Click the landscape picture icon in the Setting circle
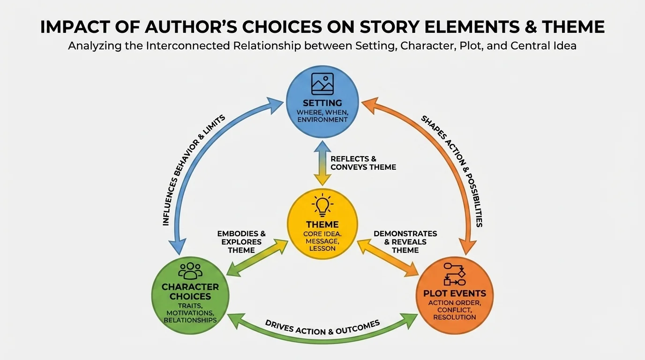[322, 84]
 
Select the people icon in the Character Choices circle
[190, 271]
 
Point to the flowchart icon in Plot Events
[454, 275]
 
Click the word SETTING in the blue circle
[322, 103]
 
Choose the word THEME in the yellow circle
[322, 225]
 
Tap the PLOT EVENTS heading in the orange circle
[455, 294]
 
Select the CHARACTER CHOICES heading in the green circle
[190, 292]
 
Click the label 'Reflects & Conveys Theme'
[363, 163]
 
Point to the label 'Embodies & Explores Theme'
[241, 241]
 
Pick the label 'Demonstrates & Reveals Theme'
[405, 241]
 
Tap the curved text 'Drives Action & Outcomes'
[322, 327]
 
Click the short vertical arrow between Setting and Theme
[322, 162]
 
